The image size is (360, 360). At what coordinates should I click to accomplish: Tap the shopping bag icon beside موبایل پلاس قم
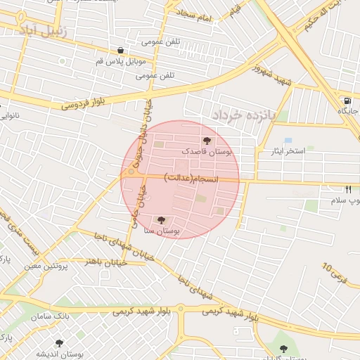tap(121, 50)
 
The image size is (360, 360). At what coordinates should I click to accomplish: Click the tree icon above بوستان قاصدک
tap(206, 141)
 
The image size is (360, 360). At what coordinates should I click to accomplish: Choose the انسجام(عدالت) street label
tap(192, 179)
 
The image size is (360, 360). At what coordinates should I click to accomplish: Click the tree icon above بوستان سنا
tap(163, 220)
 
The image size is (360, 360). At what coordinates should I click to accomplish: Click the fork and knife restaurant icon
tap(348, 189)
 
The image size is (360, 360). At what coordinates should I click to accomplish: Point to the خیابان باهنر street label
tap(105, 262)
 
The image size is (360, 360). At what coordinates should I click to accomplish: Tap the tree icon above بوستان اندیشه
tap(58, 343)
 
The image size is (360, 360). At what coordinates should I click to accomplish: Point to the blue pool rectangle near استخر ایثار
tap(288, 140)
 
